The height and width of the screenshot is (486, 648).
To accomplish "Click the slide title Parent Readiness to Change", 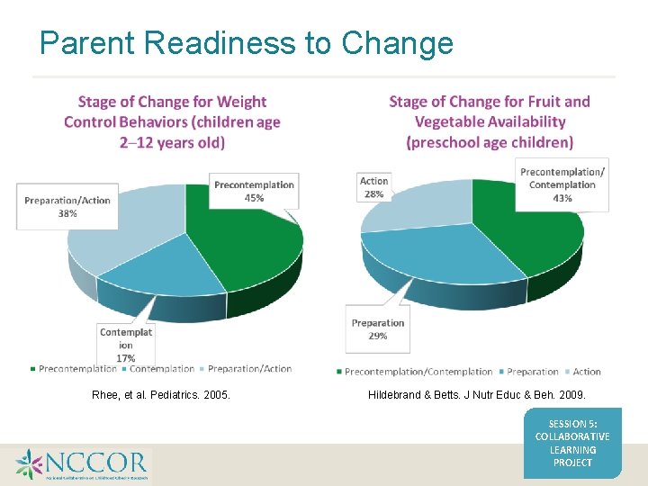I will [x=247, y=42].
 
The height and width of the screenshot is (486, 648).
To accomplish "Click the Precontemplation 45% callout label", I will [x=254, y=192].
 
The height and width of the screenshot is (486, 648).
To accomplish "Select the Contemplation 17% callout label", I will [x=126, y=345].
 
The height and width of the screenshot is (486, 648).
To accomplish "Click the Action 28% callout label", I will [x=373, y=187].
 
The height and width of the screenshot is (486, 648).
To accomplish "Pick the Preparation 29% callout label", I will [x=378, y=329].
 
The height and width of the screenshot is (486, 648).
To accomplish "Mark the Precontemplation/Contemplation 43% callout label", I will [x=562, y=184].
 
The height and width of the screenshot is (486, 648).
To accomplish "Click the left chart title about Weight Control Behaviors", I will [x=172, y=121].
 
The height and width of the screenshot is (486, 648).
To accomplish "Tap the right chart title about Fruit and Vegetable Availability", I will [x=490, y=121].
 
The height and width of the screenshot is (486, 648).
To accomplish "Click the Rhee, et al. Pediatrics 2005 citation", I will [x=161, y=394].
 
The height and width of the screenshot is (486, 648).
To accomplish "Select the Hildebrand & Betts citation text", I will [x=477, y=394].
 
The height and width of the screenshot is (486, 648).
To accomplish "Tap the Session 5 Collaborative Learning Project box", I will [x=572, y=442].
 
